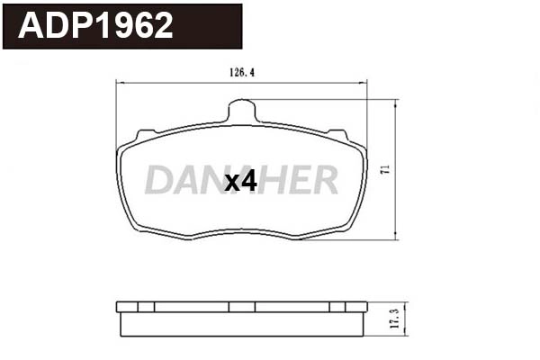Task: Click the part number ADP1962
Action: [96, 26]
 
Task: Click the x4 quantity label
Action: [240, 182]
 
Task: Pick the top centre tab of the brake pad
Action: [242, 112]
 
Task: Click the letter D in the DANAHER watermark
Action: [159, 181]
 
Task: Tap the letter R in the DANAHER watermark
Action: [324, 181]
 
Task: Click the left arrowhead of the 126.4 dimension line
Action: [121, 84]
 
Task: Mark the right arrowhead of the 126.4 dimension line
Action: [364, 84]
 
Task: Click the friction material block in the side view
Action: [242, 323]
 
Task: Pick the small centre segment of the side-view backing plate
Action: [242, 307]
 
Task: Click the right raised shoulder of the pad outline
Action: [338, 136]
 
